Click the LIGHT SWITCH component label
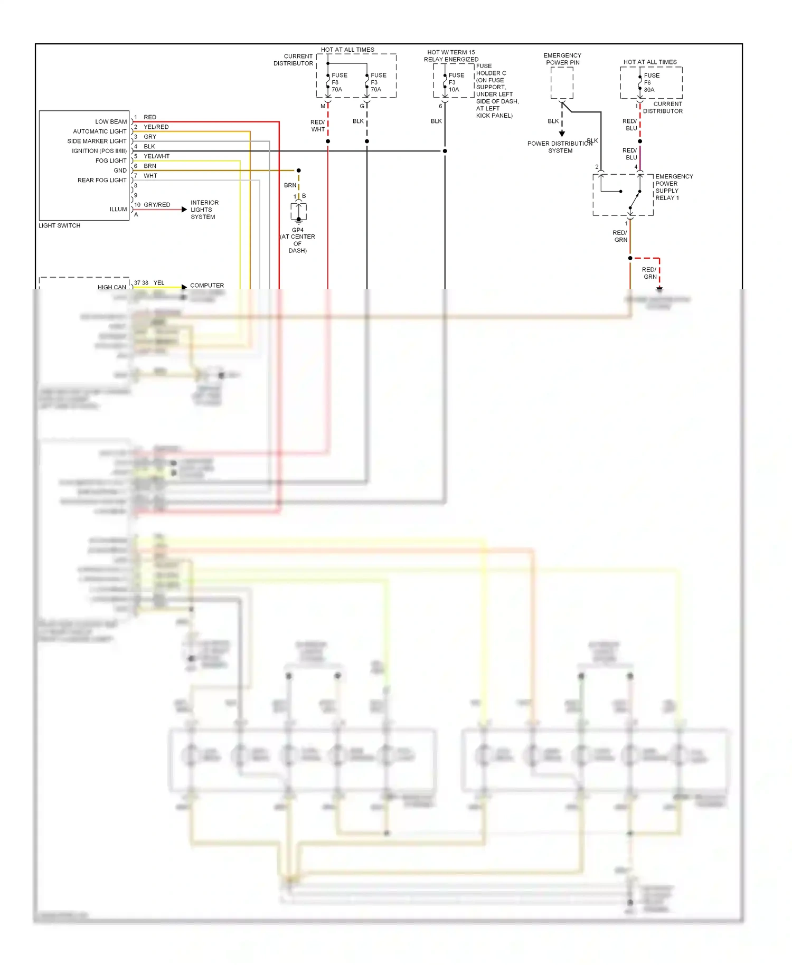click(x=59, y=225)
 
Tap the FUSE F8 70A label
click(x=339, y=82)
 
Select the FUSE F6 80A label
click(x=652, y=82)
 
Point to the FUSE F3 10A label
click(x=456, y=82)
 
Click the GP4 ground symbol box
click(x=298, y=212)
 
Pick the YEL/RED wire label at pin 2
click(x=156, y=127)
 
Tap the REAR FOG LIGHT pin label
click(x=102, y=180)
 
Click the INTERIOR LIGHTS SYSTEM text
click(x=204, y=210)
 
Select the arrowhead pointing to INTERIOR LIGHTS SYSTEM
click(x=184, y=210)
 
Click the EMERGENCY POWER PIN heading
click(x=562, y=59)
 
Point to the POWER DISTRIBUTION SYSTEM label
click(x=560, y=147)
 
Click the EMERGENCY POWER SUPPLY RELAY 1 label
click(x=674, y=187)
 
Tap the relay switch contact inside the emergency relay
click(x=635, y=200)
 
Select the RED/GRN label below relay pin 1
click(x=620, y=236)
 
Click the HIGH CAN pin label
click(x=111, y=287)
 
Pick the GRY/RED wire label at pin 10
click(x=157, y=204)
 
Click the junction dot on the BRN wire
click(x=298, y=171)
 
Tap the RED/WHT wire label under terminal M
click(x=318, y=126)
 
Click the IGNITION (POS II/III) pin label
click(x=99, y=151)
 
